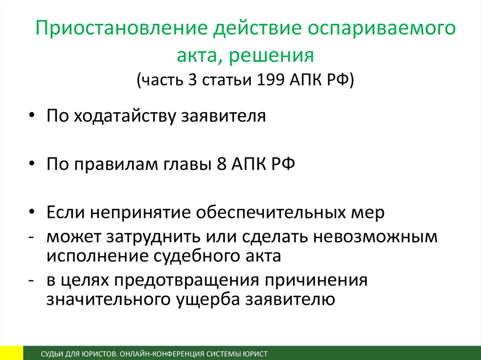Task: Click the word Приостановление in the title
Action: click(122, 28)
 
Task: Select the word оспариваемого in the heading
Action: click(381, 28)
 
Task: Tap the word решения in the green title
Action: click(272, 55)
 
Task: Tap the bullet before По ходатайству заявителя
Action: click(32, 116)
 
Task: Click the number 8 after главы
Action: click(222, 164)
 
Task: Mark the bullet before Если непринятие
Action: click(32, 212)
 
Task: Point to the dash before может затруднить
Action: click(31, 237)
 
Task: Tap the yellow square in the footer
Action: click(12, 353)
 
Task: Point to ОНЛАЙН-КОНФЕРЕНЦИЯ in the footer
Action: click(162, 354)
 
